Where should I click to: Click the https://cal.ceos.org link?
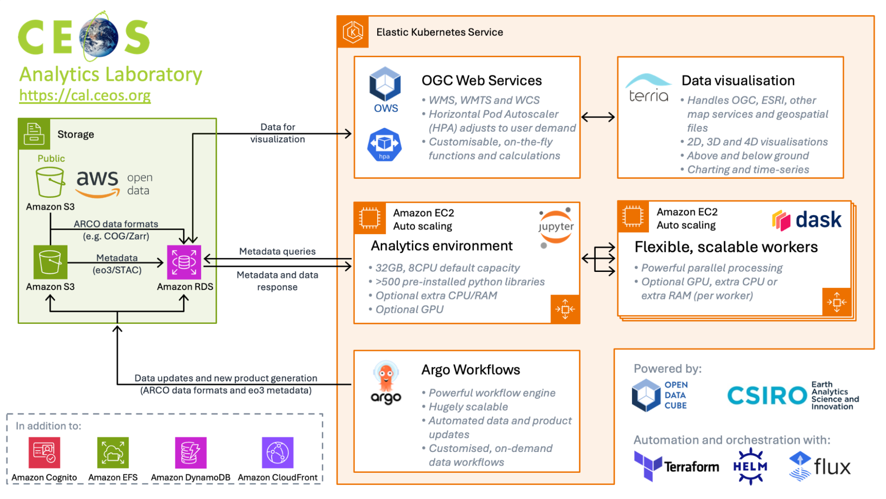point(85,95)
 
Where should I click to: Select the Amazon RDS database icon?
point(184,262)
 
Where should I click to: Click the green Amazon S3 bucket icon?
point(51,262)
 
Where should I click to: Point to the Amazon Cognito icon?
point(44,453)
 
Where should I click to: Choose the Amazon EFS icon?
point(113,453)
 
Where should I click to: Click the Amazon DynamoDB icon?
point(191,453)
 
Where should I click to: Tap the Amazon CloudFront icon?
point(277,453)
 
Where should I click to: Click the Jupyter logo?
point(556,227)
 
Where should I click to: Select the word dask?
point(818,220)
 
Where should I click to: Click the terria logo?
point(648,88)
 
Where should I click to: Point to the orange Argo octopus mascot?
point(386,376)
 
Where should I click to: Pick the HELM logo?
point(750,466)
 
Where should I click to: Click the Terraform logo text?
point(691,467)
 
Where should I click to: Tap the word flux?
point(832,467)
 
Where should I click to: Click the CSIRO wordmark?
point(767,395)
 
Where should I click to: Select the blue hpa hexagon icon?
point(384,145)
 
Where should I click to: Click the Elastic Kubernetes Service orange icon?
point(353,32)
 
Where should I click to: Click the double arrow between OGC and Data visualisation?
point(598,117)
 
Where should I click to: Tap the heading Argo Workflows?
point(471,370)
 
